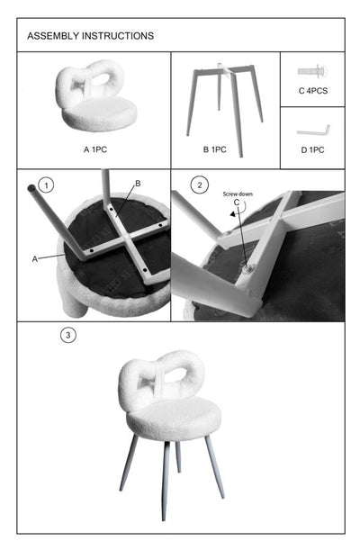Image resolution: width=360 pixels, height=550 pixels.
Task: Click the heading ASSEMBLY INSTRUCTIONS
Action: (90, 36)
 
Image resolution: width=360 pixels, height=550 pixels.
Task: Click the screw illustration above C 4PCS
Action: (311, 69)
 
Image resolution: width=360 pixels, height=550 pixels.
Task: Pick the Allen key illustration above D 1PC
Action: (313, 129)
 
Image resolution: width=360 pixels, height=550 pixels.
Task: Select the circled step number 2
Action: (200, 185)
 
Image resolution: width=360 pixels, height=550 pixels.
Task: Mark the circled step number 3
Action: (67, 336)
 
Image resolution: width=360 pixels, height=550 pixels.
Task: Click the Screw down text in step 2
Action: (238, 193)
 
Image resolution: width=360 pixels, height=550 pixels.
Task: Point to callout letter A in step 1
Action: (35, 257)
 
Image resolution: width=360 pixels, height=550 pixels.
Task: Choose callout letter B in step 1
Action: (138, 184)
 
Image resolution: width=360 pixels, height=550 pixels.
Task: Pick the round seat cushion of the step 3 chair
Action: (173, 419)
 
